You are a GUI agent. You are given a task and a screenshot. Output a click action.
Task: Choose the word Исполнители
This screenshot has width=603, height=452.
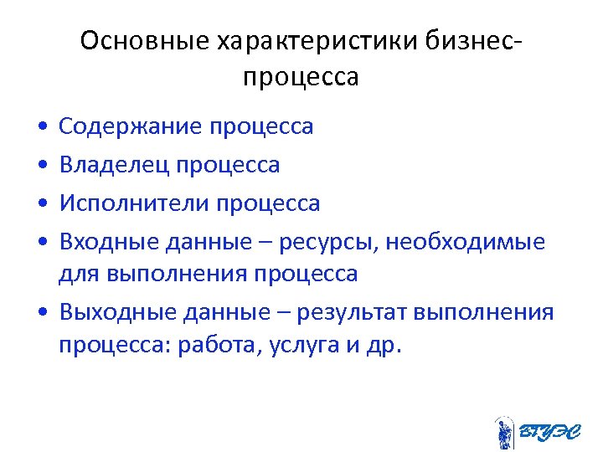[x=133, y=203]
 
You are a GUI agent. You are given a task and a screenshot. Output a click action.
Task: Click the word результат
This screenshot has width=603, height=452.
[x=344, y=313]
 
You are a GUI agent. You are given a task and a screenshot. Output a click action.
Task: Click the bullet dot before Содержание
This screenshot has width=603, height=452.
[x=41, y=128]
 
